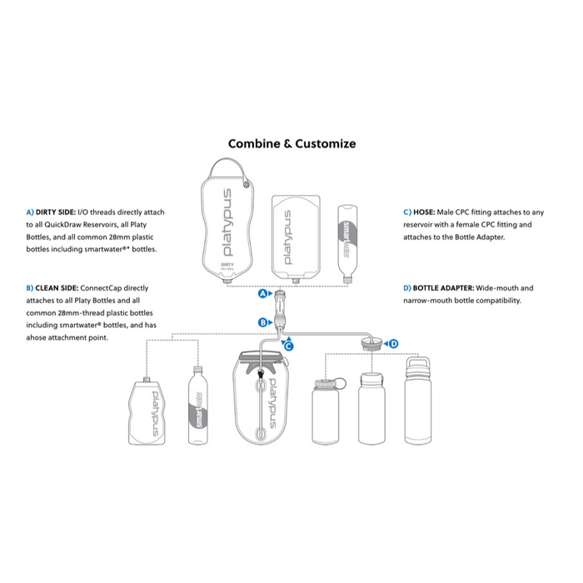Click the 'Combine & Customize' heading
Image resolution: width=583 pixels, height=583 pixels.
coord(291,143)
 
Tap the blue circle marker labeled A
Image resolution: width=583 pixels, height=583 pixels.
coord(262,294)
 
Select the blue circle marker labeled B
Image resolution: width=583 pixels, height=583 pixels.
coord(262,321)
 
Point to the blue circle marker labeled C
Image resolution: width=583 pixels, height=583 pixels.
coord(290,344)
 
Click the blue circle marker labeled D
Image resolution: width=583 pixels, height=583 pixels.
coord(394,342)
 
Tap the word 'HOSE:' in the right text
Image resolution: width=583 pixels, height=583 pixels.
coord(421,212)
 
